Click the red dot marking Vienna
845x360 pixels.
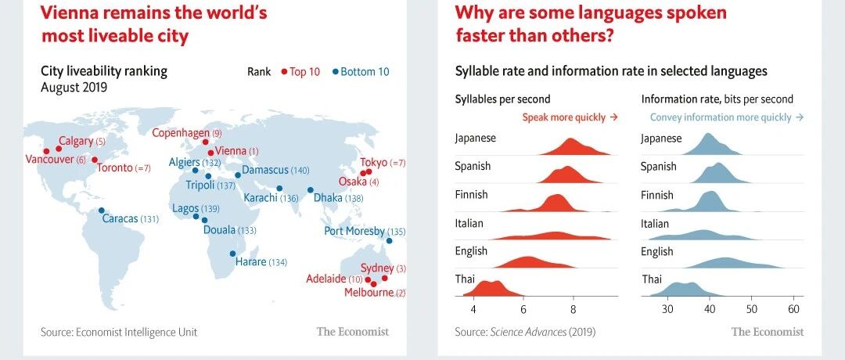pos(210,153)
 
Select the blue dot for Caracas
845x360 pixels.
pos(101,211)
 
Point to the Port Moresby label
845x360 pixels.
pos(354,231)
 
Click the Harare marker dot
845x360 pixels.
pos(233,254)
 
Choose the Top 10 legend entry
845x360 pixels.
pos(300,72)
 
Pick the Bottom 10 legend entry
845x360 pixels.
pos(360,72)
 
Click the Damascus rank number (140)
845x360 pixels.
pos(300,171)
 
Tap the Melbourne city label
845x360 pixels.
pos(369,293)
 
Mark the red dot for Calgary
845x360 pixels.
pos(59,149)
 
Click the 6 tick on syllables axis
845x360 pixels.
pos(523,309)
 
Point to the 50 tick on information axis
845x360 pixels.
pos(752,309)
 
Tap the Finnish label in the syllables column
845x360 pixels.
pos(471,195)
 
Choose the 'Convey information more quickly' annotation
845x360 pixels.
pos(727,117)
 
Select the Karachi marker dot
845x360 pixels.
pos(279,189)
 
